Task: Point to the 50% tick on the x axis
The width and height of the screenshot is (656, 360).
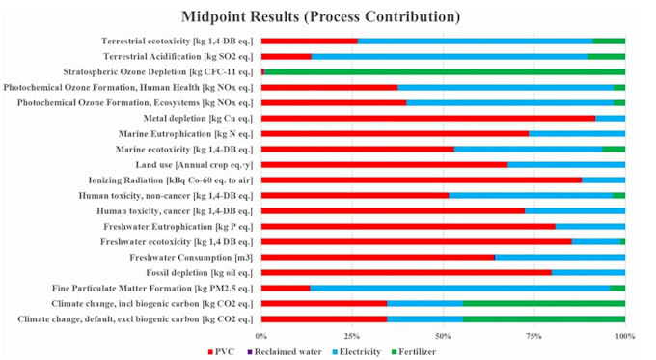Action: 443,335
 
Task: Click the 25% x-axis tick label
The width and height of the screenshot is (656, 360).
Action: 352,335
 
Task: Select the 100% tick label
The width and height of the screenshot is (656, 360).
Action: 624,335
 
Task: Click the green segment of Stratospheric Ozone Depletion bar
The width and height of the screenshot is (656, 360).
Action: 444,71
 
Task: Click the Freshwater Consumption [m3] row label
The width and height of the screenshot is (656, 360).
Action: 191,257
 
